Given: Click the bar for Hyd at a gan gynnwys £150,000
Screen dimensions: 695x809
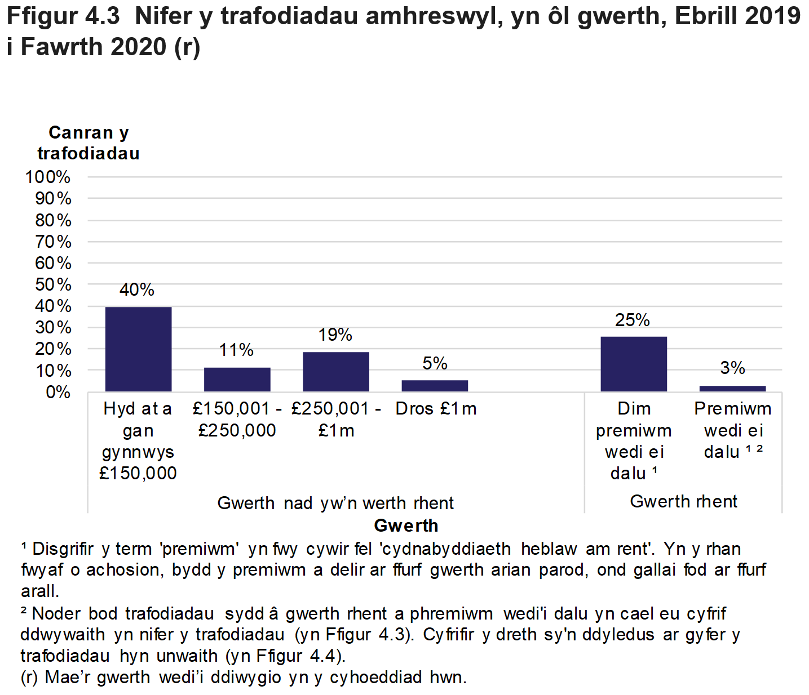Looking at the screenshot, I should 138,349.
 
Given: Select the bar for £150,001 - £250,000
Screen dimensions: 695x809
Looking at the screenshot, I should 237,380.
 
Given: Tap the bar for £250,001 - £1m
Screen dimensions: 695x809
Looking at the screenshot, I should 336,372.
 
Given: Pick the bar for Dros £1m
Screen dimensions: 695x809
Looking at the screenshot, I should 435,386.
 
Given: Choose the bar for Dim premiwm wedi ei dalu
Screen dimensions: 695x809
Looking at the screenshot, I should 634,364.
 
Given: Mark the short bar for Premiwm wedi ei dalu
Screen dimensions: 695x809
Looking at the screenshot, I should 732,389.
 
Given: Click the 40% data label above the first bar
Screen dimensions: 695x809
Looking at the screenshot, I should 137,289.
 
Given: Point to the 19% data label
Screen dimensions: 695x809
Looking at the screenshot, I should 335,335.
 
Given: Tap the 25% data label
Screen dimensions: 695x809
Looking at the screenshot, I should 633,320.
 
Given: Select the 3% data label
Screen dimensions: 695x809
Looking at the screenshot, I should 732,368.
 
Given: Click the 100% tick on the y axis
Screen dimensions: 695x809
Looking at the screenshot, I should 48,177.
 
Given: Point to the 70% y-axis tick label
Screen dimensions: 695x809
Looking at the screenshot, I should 53,242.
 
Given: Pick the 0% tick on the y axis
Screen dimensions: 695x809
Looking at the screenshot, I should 58,392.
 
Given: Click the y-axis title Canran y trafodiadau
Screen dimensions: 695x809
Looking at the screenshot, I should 89,143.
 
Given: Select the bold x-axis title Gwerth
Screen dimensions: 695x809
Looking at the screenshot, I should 406,525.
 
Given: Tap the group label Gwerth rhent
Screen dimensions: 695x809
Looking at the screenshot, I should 683,501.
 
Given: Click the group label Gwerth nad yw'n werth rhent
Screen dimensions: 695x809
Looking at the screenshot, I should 335,503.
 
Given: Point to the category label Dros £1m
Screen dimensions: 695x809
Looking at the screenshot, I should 436,409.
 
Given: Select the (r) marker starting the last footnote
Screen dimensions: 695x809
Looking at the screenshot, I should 29,677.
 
